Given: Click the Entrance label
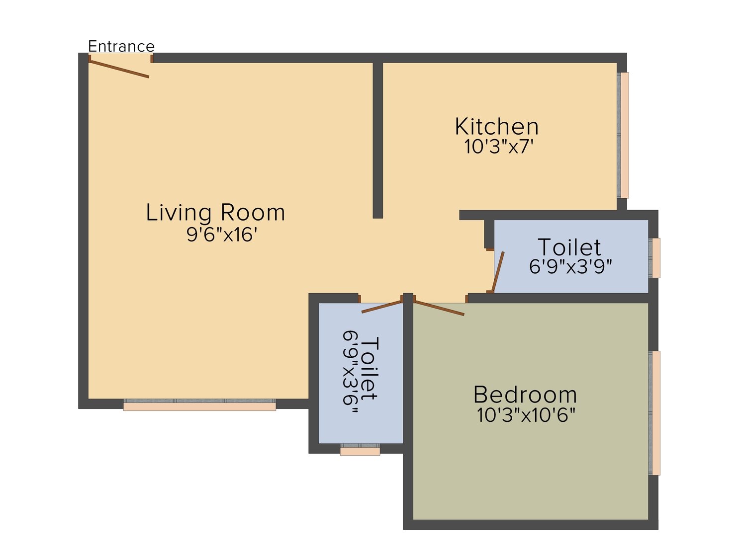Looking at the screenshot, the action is coord(121,46).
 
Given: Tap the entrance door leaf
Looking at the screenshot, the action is coord(119,69).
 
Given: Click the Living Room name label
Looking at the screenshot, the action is coord(215,213).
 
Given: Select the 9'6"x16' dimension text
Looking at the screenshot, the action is coord(221,235).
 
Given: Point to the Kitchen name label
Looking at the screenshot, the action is coord(496,127).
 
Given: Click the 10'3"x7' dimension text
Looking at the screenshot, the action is coord(499,147).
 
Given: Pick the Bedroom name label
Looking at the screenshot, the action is coord(525,395).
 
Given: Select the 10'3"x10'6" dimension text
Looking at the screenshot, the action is coord(526,415).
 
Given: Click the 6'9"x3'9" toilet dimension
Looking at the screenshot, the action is coord(570,267).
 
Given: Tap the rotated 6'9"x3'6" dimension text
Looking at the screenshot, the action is coord(351,372).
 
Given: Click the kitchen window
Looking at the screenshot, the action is coord(623,135).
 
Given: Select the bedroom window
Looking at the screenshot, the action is coord(654,413).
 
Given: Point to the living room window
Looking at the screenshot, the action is coord(199,405).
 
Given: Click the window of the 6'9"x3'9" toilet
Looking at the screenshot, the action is coord(654,258).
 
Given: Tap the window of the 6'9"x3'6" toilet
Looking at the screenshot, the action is coord(360,449).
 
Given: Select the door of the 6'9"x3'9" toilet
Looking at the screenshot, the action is coord(498,272).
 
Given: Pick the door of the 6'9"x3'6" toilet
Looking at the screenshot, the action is coord(382,307).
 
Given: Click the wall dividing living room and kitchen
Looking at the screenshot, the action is coord(377,140).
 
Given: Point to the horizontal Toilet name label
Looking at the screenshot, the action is coord(569,247).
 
